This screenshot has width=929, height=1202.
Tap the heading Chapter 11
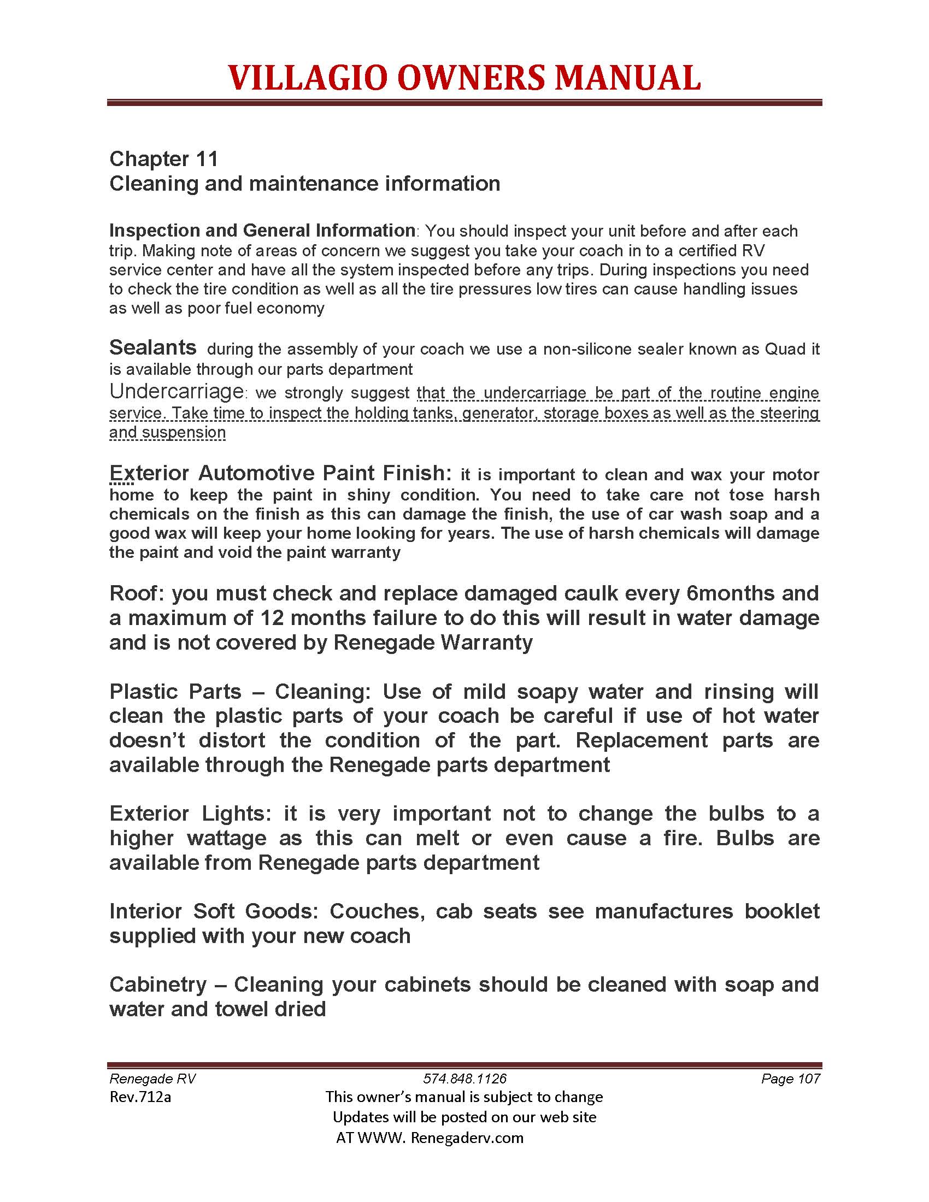[x=163, y=159]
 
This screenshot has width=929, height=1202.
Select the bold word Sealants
[x=152, y=347]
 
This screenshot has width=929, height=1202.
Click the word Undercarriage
[x=176, y=391]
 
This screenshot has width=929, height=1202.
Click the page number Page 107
[x=790, y=1079]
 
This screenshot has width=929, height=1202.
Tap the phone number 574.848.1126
[x=465, y=1079]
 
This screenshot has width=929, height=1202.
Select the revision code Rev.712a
[x=140, y=1097]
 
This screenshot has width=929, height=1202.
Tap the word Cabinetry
[x=158, y=984]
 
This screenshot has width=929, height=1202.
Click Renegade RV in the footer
[x=152, y=1079]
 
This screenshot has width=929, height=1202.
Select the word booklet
[x=781, y=911]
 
